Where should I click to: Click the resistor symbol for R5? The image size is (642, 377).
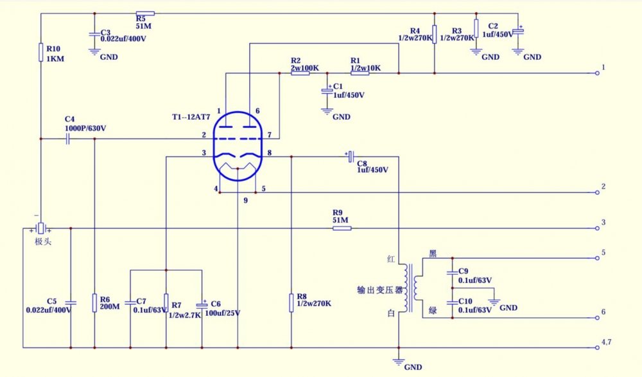[145, 13]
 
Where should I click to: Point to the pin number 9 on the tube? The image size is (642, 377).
[245, 201]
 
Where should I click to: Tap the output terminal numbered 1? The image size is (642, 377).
[598, 73]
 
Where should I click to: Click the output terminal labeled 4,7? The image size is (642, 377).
[598, 348]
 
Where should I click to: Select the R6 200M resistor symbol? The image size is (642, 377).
[94, 301]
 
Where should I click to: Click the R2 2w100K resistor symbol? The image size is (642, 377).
[300, 73]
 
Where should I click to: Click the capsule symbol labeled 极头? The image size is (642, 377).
[40, 228]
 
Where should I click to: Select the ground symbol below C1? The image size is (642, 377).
[328, 111]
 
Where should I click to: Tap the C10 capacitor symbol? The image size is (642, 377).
[453, 302]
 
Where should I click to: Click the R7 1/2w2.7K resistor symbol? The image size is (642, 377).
[166, 301]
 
